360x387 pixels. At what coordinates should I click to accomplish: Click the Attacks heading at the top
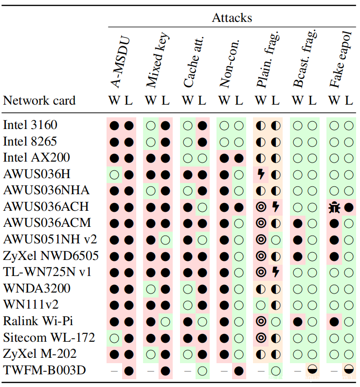(232, 18)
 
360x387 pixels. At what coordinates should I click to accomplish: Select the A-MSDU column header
(120, 62)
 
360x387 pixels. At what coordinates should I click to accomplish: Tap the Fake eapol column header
(341, 59)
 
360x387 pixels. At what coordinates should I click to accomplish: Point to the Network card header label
(39, 100)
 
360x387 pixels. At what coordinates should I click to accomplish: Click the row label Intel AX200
(36, 157)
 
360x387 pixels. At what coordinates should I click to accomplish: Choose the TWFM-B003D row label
(44, 370)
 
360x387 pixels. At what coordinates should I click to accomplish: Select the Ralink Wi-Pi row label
(38, 321)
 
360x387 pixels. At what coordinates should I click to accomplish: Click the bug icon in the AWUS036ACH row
(334, 207)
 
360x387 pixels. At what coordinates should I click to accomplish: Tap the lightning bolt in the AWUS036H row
(261, 174)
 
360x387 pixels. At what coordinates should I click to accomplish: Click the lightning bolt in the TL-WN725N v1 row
(276, 272)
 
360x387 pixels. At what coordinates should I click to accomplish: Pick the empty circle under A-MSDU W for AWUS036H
(114, 175)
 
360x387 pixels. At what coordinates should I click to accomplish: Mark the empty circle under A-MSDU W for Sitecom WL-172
(114, 338)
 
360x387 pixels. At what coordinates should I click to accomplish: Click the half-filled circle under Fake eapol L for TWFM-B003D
(349, 369)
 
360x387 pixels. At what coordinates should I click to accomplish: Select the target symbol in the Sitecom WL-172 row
(261, 338)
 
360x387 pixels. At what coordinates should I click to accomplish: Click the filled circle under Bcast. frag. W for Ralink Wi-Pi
(298, 322)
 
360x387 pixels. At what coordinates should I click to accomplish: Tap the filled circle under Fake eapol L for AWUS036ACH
(349, 207)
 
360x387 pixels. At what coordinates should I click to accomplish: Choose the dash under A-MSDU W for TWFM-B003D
(114, 371)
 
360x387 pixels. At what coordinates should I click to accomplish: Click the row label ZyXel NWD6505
(51, 256)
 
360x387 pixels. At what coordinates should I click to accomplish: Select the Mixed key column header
(158, 60)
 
